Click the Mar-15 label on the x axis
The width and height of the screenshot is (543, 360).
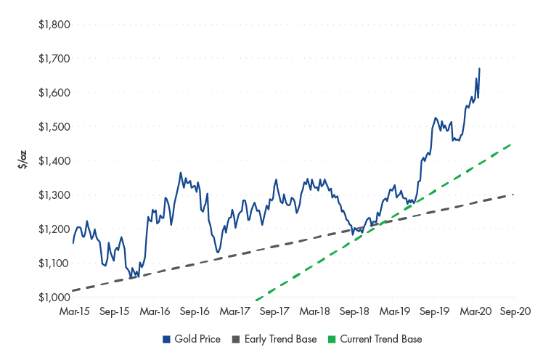(x=73, y=311)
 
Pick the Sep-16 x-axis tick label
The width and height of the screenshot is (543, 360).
(x=194, y=311)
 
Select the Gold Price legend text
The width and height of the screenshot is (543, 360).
(x=198, y=339)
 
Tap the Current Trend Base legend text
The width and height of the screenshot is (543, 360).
(x=380, y=339)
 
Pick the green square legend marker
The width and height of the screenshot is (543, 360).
(x=333, y=339)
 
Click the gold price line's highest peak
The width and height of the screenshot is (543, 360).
(x=479, y=68)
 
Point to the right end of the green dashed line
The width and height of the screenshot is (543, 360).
(x=513, y=143)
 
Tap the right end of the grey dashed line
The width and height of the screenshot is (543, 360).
(x=513, y=194)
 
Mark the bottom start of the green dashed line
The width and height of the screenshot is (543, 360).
(x=256, y=297)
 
